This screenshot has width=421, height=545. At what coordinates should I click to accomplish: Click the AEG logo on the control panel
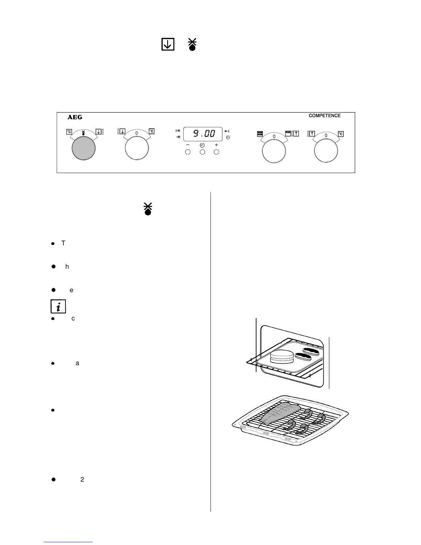point(75,117)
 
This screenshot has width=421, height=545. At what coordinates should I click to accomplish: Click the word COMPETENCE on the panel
point(324,116)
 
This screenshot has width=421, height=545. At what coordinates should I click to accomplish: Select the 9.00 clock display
point(202,134)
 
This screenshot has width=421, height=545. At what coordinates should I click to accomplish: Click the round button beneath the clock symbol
point(202,152)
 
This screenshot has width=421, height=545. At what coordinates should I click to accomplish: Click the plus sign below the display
point(216,145)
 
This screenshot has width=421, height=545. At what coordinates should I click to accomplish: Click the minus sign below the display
point(188,145)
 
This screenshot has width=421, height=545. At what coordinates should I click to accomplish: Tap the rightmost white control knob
point(326,150)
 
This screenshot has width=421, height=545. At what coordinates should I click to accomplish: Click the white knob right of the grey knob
point(137,149)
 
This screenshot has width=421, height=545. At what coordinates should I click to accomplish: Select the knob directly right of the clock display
point(274,151)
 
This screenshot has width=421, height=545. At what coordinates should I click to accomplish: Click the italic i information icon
point(58,306)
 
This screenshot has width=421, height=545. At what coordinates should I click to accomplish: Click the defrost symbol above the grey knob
point(83,132)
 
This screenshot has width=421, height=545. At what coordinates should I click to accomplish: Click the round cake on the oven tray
point(282,356)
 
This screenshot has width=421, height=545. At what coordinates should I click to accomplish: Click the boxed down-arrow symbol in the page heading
point(168,44)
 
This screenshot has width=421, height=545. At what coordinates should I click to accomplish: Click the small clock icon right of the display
point(228,138)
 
